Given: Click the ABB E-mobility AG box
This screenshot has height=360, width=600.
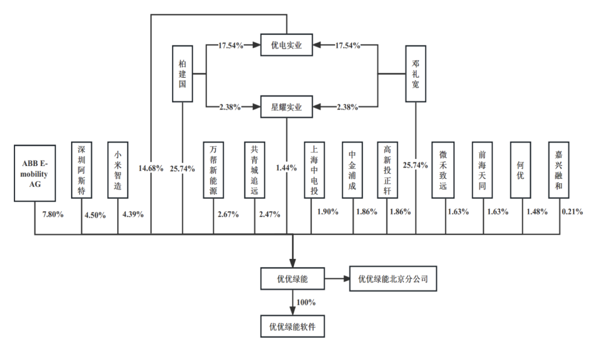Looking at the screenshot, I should [x=36, y=172].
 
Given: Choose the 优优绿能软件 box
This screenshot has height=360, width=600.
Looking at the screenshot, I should [x=292, y=326].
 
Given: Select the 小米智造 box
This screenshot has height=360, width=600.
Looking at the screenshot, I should [x=118, y=169].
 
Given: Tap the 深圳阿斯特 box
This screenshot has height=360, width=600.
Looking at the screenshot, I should [x=82, y=169].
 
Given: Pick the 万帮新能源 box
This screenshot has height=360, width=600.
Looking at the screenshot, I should [x=213, y=169].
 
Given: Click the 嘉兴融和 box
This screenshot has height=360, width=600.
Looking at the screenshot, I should [x=558, y=169].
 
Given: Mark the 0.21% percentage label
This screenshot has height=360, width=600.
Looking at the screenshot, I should [x=572, y=212].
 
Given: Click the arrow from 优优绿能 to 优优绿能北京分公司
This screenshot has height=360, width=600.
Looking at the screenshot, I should [x=336, y=279].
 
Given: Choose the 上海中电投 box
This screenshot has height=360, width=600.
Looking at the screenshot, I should [x=314, y=169].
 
